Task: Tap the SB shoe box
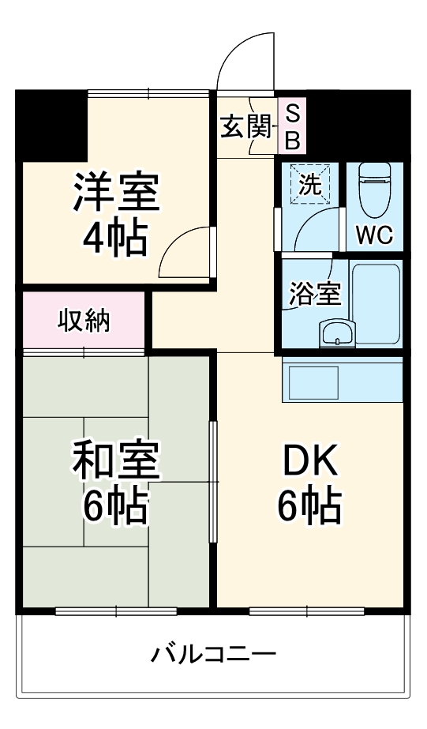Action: tap(292, 126)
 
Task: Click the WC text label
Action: tap(374, 235)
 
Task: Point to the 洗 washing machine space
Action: tap(310, 184)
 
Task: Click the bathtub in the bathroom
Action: tap(376, 304)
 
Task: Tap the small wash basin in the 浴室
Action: tap(338, 333)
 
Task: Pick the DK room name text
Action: tap(309, 463)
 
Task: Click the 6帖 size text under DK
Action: tap(309, 506)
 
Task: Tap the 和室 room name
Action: tap(115, 462)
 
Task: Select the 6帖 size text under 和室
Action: tap(115, 506)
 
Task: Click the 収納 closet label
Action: tap(84, 321)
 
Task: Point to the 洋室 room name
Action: tap(115, 192)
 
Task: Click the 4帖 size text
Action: tap(115, 237)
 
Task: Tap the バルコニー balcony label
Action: tap(214, 655)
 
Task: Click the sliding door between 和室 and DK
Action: tap(213, 482)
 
